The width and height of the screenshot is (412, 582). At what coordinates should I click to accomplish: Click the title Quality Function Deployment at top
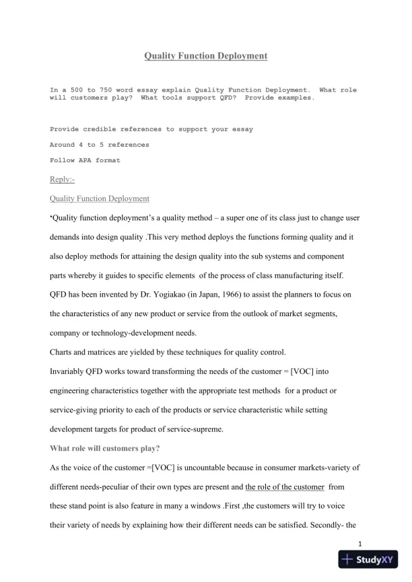206,57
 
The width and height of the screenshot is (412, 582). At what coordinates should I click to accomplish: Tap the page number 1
360,544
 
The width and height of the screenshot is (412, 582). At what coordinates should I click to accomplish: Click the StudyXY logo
368,560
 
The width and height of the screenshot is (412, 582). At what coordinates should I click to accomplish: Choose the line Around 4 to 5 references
100,144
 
